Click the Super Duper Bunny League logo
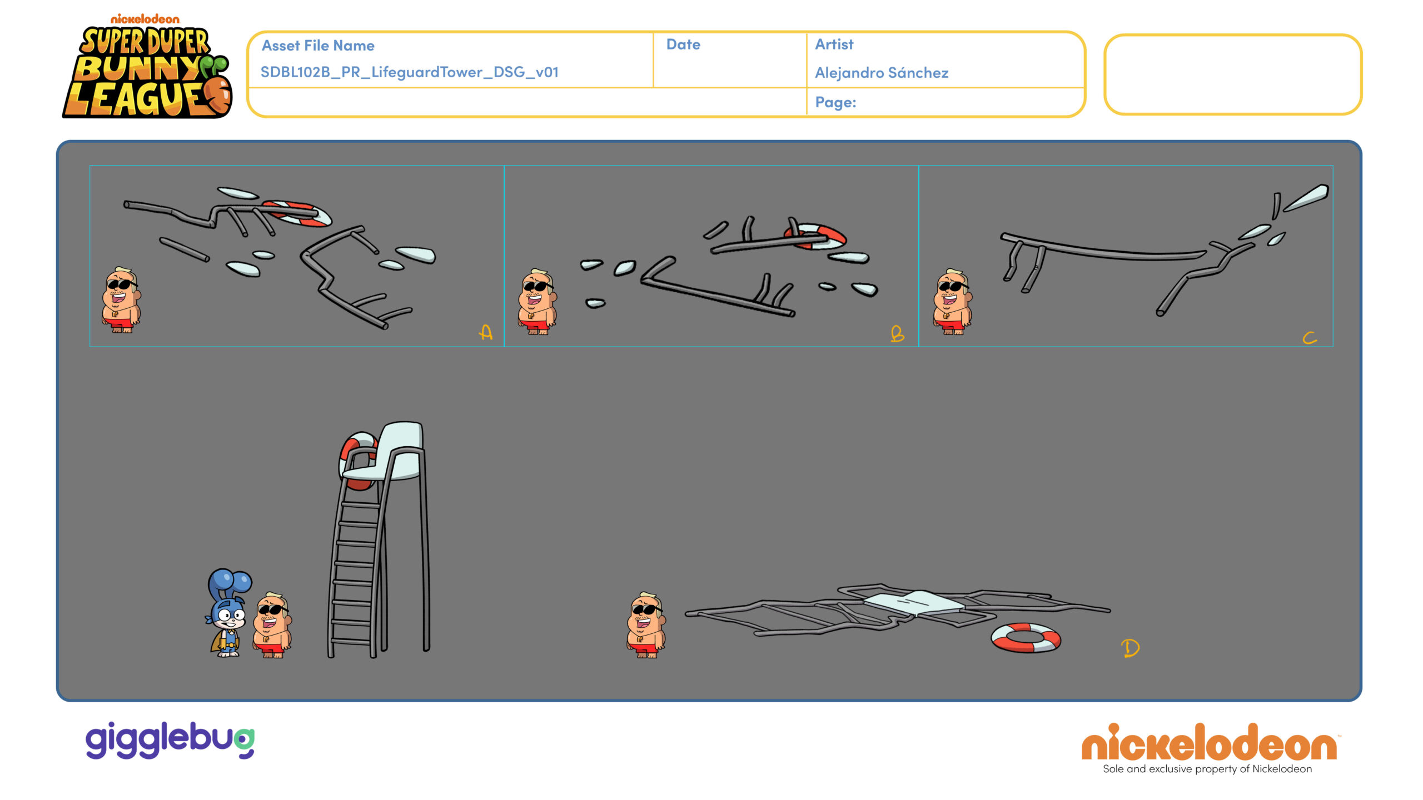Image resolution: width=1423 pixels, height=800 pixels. coord(147,67)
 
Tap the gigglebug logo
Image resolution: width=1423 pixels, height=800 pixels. coord(170,740)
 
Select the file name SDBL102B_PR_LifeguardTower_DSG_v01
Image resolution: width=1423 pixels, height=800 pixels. coord(410,72)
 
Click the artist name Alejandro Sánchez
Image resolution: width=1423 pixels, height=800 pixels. coord(882,73)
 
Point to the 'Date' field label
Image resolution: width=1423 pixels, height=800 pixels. coord(683,44)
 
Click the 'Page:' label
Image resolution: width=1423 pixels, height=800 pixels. coord(835,102)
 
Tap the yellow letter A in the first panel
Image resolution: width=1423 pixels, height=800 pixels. coord(486,332)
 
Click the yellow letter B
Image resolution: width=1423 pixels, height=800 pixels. coord(897,333)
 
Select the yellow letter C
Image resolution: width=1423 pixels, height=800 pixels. coord(1310,338)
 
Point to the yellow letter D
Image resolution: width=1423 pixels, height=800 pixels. coord(1130,648)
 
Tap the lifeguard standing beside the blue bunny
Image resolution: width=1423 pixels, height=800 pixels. coord(272,625)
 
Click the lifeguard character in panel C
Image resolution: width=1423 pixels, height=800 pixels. coord(953,302)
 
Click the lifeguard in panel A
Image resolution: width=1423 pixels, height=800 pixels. coord(121,300)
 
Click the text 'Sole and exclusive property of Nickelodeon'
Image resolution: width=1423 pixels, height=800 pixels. coord(1207,769)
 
